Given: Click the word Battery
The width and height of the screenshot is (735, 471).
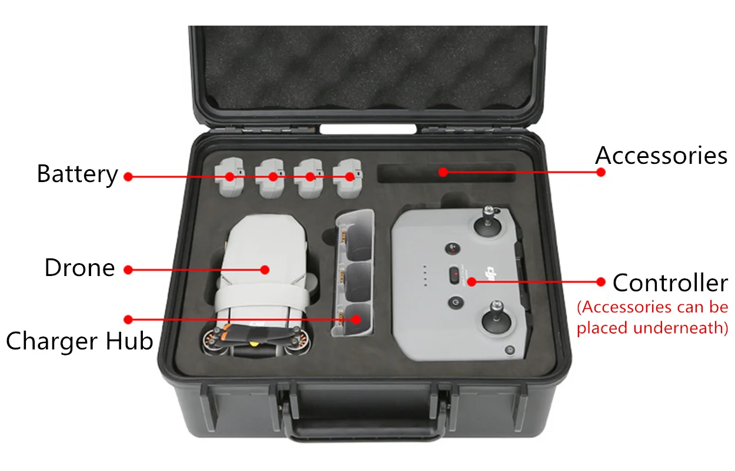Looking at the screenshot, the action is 78,174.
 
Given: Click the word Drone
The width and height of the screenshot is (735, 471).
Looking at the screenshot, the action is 80,268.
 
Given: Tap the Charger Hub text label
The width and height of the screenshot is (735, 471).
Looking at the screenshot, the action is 80,341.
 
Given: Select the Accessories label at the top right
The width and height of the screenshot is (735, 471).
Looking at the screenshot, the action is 661,156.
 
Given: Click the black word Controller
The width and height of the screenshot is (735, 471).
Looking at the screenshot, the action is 670,282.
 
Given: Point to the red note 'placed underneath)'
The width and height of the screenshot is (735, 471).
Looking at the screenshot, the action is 652,328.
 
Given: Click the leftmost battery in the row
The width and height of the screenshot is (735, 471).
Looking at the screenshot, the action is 229,177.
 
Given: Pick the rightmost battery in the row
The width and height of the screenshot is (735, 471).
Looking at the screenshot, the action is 348,179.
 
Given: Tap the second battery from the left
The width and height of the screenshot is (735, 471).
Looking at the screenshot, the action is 269,179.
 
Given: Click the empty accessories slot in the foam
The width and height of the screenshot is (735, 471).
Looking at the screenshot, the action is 446,173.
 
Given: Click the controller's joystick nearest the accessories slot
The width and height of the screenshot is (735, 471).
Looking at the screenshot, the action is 488,222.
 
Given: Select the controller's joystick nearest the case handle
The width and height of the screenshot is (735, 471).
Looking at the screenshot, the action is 496,318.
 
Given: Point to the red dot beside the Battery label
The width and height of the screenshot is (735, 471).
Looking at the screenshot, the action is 128,177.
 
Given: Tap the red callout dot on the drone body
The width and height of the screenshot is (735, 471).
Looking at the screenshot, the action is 265,270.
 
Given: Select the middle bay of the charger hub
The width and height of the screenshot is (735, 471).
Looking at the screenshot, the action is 357,280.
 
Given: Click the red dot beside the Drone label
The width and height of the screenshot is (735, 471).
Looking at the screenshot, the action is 128,270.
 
